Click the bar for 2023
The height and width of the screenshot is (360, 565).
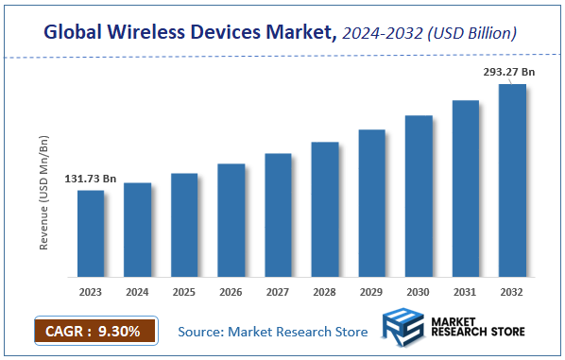click(x=91, y=233)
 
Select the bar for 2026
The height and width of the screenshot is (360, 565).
click(x=231, y=220)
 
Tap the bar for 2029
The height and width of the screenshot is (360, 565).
click(x=372, y=203)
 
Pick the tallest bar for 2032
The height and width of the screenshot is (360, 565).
click(x=512, y=180)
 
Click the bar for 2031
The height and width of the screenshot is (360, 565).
click(x=466, y=188)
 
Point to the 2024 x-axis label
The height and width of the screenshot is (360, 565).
click(x=138, y=292)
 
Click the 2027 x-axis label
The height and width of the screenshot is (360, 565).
click(x=278, y=292)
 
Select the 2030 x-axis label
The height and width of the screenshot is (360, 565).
click(x=419, y=292)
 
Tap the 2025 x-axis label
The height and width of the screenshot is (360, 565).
click(x=184, y=292)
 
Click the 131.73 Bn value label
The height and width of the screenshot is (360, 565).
click(x=91, y=179)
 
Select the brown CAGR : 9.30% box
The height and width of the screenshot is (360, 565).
click(x=87, y=331)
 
